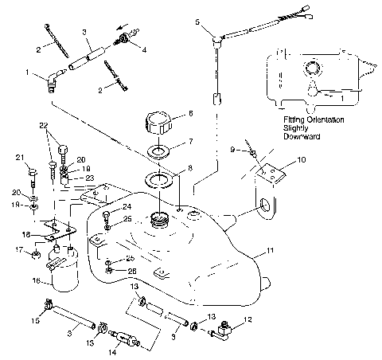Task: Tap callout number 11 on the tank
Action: click(x=271, y=251)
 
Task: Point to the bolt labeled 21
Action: click(x=33, y=171)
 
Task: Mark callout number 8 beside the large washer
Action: click(x=188, y=168)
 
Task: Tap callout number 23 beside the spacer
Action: click(x=89, y=178)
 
